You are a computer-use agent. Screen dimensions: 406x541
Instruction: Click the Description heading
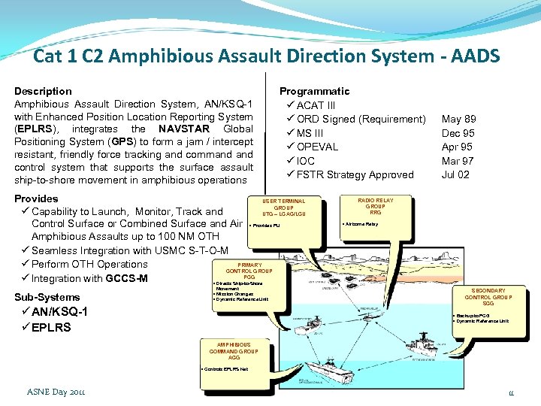tap(43, 91)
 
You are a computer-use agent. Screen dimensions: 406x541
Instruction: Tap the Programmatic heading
tap(314, 91)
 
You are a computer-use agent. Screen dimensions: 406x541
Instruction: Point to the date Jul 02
tap(456, 174)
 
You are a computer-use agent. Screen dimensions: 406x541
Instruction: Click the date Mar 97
tap(458, 161)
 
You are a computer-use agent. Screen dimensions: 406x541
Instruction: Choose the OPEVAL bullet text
tap(317, 147)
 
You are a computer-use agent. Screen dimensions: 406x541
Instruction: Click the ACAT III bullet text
tap(316, 105)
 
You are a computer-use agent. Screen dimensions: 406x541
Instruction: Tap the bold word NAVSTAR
tap(184, 129)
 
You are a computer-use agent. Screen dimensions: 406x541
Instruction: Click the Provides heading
tap(36, 198)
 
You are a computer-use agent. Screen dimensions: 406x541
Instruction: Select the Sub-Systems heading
tap(47, 297)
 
